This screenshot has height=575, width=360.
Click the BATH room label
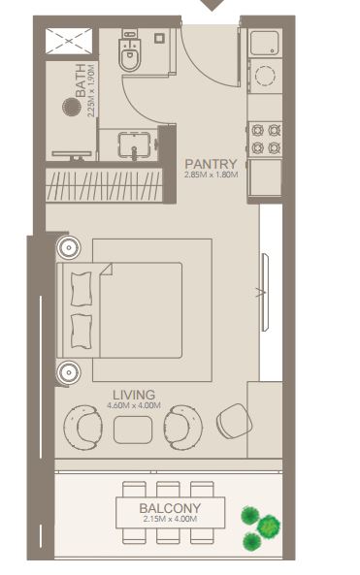(x=81, y=80)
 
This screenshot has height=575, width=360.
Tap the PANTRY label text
(x=211, y=164)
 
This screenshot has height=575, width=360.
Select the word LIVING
(x=134, y=395)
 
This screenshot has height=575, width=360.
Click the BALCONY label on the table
(x=170, y=508)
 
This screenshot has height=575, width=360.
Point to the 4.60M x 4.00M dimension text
(x=134, y=405)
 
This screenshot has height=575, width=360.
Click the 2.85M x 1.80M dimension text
(x=211, y=175)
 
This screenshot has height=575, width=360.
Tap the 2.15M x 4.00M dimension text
(x=170, y=519)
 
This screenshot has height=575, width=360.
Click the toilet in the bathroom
(x=129, y=51)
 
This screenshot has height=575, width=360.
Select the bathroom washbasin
(x=134, y=144)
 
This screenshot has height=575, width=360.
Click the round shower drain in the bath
(x=71, y=107)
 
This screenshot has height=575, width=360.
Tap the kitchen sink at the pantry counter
(x=265, y=44)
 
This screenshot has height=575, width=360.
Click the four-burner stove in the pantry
(x=265, y=139)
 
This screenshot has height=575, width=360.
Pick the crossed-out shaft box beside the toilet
(x=69, y=41)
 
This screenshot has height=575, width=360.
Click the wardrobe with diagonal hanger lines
(x=104, y=184)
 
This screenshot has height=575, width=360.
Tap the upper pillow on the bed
(x=82, y=289)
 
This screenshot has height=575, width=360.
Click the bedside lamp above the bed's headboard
(x=69, y=247)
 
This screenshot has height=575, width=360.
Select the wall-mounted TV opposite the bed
(x=265, y=292)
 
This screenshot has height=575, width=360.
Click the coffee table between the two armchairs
(x=133, y=430)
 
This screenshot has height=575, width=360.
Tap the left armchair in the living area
(x=82, y=428)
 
